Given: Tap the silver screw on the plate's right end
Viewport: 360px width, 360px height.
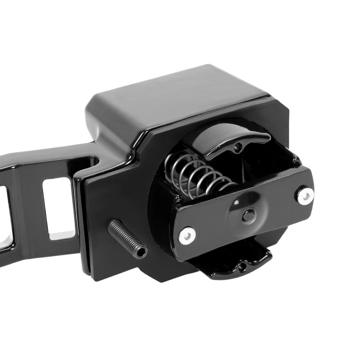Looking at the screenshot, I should click(306, 195).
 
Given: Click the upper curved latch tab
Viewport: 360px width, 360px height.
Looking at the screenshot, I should click(225, 141).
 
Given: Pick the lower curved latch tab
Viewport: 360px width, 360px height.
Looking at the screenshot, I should click(232, 264).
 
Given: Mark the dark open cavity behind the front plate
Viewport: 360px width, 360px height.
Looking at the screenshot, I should click(262, 157).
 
